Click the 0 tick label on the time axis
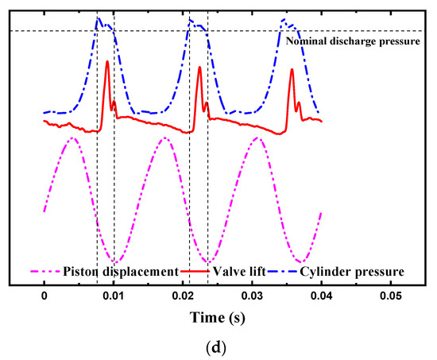point(44,294)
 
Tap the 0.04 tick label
point(321,294)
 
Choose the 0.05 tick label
point(390,294)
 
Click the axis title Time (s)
point(216,317)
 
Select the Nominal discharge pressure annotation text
point(358,41)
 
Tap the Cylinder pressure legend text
point(356,271)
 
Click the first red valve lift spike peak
point(106,61)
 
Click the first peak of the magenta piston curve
point(73,137)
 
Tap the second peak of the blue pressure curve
point(191,20)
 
